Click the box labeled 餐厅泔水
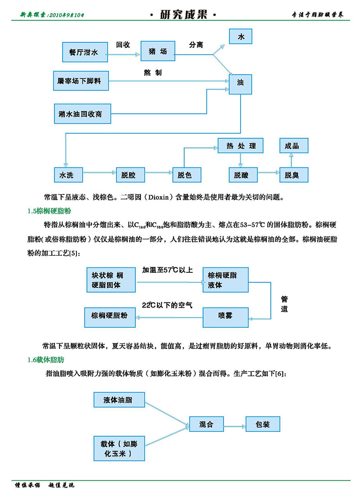click(84, 52)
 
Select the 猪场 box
click(157, 52)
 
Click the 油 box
click(240, 84)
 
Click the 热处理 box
click(241, 146)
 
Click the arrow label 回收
click(123, 45)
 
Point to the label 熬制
click(153, 72)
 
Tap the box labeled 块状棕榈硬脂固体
click(111, 280)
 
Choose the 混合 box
click(206, 424)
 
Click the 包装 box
click(262, 424)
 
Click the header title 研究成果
click(183, 15)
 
